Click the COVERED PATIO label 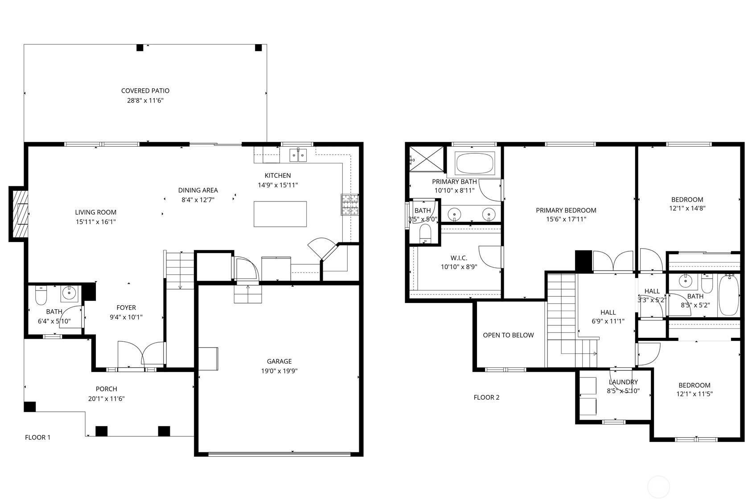coord(145,91)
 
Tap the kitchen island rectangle coord(280,214)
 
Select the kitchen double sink coord(298,155)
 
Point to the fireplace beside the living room coord(19,214)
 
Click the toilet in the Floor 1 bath coord(41,295)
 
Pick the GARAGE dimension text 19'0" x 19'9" coord(279,371)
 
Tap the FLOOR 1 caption coord(37,437)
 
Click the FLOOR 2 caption coord(486,397)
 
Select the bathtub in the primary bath coord(475,163)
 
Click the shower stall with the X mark coord(426,159)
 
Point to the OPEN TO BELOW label coord(508,335)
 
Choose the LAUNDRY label coord(623,382)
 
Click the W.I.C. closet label coord(459,258)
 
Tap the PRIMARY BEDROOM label coord(566,210)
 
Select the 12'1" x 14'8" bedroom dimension coord(687,208)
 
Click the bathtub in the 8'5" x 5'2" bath coord(729,295)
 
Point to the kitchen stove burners coord(349,205)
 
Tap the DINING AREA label coord(198,190)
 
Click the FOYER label coord(126,307)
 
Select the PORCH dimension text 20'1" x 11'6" coord(106,399)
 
